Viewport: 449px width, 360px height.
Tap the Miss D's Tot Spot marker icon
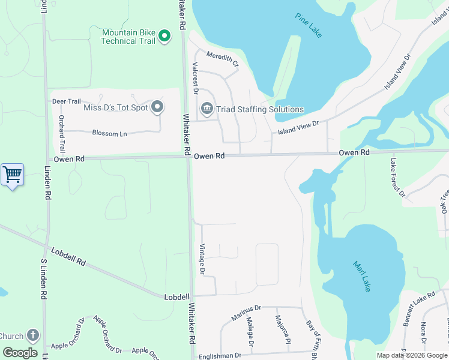(x=157, y=107)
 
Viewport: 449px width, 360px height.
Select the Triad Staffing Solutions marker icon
(x=207, y=109)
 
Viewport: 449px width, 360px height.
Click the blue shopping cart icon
(x=12, y=175)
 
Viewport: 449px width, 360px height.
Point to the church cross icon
(x=33, y=336)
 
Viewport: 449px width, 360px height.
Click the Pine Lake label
(x=309, y=25)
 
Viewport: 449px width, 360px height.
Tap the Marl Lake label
(x=363, y=276)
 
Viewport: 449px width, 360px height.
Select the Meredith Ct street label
(x=223, y=59)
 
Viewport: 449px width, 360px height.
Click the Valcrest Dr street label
(x=194, y=77)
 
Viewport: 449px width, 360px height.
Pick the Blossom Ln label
(x=110, y=133)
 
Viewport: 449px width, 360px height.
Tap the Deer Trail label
(x=67, y=101)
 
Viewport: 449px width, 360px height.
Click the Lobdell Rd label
(x=68, y=257)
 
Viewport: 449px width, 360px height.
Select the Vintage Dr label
(x=202, y=259)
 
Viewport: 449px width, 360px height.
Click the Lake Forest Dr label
(x=398, y=178)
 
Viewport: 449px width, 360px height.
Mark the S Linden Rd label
(x=43, y=280)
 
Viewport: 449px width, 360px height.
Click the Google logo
(x=20, y=353)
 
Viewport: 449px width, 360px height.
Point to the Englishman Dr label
(x=221, y=355)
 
